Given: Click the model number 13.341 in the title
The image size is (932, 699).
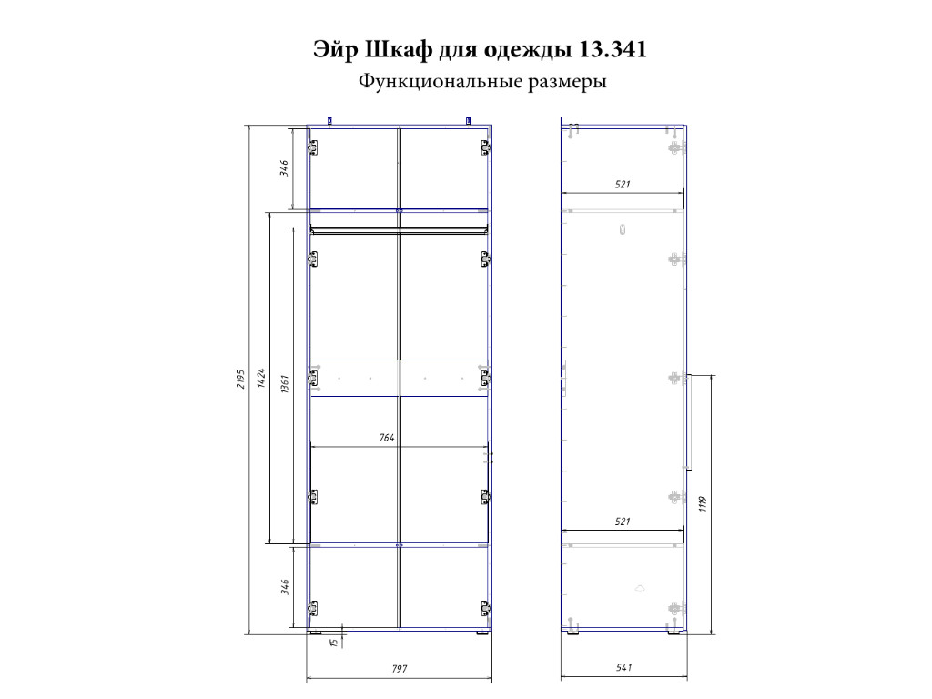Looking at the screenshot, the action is tap(612, 49).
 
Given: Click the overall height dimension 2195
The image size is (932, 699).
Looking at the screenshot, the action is tap(240, 379).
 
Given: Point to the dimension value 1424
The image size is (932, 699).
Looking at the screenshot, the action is tap(261, 378).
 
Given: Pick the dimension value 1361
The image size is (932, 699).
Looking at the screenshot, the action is tap(285, 383).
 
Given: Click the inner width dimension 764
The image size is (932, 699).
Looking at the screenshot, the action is tap(386, 438).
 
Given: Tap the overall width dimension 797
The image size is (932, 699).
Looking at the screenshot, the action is tap(400, 669).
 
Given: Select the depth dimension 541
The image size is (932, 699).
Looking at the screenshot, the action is tap(623, 667).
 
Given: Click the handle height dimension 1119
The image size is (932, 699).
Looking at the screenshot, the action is tap(703, 504).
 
